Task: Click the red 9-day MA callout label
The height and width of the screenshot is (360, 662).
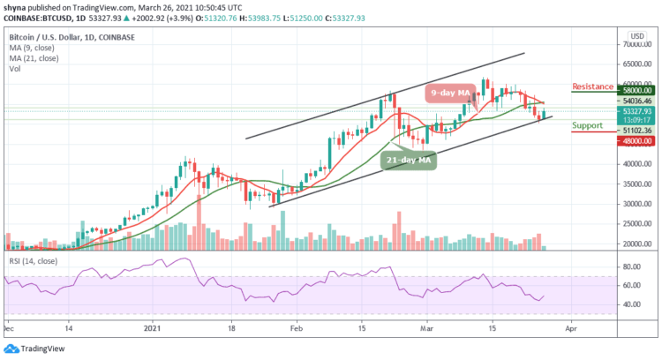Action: (452, 92)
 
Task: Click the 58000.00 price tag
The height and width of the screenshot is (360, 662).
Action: (635, 90)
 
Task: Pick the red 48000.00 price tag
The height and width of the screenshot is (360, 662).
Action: (635, 140)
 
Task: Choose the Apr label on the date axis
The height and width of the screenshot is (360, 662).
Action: (570, 325)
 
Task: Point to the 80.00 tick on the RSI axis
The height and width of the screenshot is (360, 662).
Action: (630, 266)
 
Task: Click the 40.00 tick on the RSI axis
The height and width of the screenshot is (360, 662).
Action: (630, 304)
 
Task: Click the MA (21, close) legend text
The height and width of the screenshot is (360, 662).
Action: (32, 57)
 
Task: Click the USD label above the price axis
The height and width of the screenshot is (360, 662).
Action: (635, 36)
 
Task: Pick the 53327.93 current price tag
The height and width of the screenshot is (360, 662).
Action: (635, 111)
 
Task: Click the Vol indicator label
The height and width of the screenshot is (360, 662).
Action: (13, 68)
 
